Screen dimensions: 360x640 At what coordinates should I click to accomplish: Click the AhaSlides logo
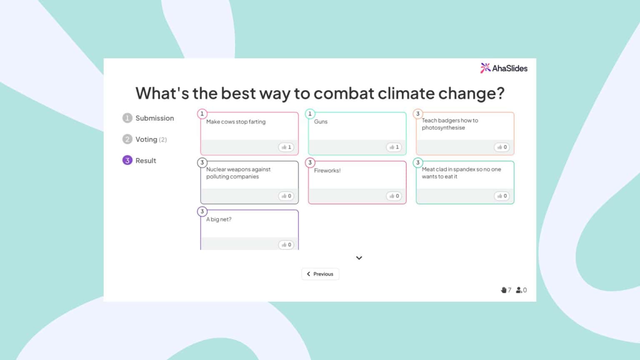[x=503, y=68]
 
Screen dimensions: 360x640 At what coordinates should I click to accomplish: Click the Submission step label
[x=154, y=118]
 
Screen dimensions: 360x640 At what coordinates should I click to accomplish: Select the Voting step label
[x=146, y=140]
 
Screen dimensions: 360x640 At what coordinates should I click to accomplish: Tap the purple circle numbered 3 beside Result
[x=127, y=160]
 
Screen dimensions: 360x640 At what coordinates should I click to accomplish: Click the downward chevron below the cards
[x=359, y=258]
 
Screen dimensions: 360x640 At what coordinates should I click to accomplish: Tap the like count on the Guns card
[x=394, y=147]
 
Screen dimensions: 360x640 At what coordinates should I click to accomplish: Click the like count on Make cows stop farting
[x=286, y=147]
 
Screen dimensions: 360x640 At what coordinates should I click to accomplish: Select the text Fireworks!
[x=327, y=170]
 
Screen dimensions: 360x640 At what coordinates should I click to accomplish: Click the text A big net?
[x=219, y=219]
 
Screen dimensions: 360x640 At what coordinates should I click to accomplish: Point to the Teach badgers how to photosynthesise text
[x=450, y=124]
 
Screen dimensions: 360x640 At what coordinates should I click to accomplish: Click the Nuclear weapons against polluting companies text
[x=238, y=173]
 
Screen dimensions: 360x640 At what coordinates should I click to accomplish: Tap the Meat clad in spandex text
[x=461, y=173]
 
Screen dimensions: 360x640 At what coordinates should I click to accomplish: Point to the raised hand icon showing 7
[x=504, y=290]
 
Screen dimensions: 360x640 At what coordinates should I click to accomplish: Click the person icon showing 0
[x=519, y=290]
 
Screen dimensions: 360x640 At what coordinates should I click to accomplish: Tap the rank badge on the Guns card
[x=310, y=114]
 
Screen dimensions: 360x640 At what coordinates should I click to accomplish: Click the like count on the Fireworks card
[x=394, y=196]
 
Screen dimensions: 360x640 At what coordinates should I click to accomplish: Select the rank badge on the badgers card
[x=417, y=114]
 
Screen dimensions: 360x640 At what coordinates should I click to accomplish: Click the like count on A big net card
[x=286, y=245]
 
